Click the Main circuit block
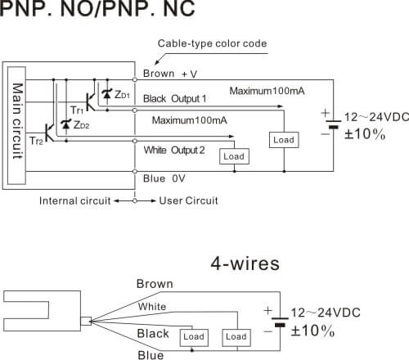tap(16, 125)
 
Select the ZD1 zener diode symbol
tap(107, 94)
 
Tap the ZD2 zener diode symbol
tap(66, 124)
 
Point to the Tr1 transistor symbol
tap(90, 101)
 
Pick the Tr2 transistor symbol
tap(49, 133)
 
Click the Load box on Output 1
tap(284, 140)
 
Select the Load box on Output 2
tap(234, 156)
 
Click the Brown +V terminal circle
tap(135, 79)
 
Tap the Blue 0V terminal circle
tap(135, 171)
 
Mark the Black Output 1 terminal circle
tap(135, 110)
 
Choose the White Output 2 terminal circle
tap(135, 141)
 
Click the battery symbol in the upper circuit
tap(333, 124)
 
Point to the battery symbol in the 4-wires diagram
tap(280, 322)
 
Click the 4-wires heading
tap(245, 263)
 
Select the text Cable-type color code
tap(212, 43)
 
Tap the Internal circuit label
tap(75, 201)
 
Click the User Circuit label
tap(188, 200)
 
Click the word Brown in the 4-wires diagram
tap(155, 284)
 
